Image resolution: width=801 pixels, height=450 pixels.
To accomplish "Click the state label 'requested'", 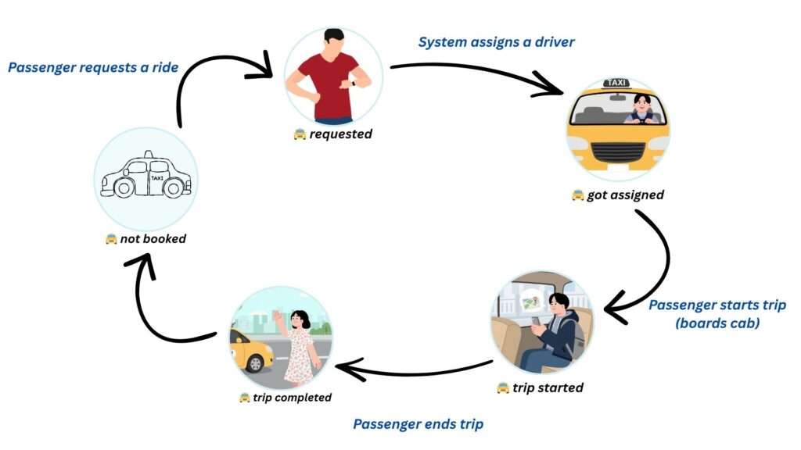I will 340,134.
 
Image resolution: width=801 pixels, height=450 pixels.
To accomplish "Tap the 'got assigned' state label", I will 625,195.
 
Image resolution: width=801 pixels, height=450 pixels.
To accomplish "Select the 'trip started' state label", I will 548,387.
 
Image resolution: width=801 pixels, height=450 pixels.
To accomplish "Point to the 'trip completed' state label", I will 292,398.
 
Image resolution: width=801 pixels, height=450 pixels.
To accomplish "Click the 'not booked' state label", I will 153,239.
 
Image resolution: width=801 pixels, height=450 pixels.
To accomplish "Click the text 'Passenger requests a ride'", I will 93,68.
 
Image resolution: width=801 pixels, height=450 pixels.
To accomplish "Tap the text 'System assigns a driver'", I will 496,42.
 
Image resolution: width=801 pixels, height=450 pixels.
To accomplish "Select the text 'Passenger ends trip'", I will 418,424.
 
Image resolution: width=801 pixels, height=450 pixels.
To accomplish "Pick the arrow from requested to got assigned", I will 477,77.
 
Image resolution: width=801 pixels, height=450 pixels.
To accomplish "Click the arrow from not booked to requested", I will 211,74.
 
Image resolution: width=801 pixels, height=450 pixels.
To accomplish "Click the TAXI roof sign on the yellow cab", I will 617,83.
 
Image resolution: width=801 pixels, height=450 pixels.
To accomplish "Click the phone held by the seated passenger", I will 536,320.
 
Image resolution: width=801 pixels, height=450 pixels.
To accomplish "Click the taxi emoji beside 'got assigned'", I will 577,195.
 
